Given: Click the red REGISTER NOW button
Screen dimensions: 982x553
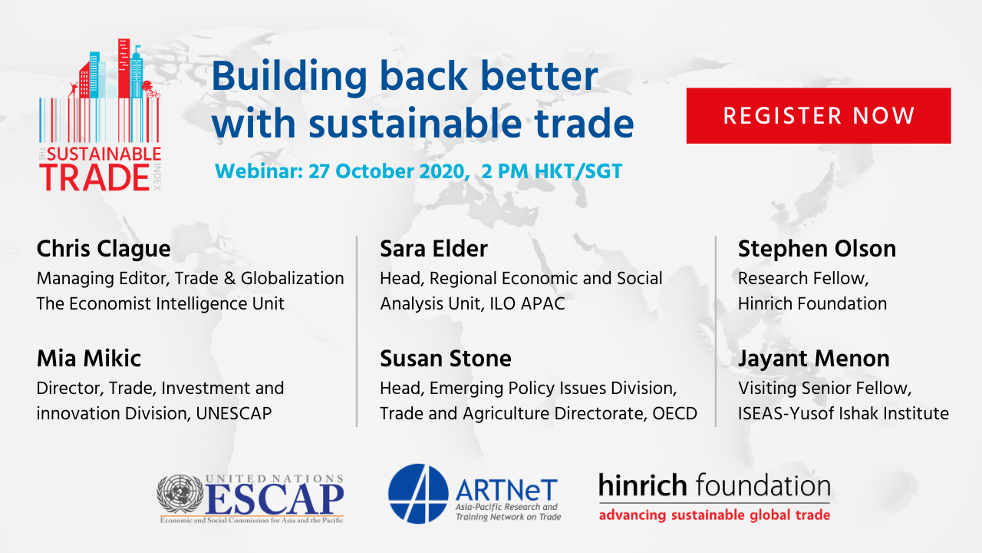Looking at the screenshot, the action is click(x=819, y=115).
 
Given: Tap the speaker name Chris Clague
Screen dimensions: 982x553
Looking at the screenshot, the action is click(x=104, y=250).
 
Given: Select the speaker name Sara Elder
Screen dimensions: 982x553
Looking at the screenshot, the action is click(x=433, y=249).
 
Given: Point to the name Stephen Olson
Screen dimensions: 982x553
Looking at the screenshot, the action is click(x=817, y=250).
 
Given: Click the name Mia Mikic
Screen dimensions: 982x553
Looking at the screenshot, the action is click(x=88, y=359).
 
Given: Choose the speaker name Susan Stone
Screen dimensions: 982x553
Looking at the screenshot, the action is click(x=446, y=359).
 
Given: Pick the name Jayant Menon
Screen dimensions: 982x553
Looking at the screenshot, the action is click(x=814, y=359).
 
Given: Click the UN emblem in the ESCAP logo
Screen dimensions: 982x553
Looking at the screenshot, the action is click(x=180, y=494).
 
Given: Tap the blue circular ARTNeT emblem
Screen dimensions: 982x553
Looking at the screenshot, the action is click(x=418, y=494).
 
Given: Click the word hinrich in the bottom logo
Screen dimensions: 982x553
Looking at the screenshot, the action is click(x=643, y=485).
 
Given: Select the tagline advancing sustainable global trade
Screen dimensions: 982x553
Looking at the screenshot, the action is click(x=714, y=515).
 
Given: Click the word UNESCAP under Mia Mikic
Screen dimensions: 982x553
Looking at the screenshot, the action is click(x=234, y=413).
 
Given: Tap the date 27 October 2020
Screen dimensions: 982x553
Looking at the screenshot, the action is click(x=386, y=171).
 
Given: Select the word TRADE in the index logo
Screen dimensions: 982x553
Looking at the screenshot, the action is click(x=94, y=177).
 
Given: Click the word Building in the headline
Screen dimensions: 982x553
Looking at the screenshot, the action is click(x=289, y=76).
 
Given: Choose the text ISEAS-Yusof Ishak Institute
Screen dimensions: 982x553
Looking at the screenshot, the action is click(x=843, y=413).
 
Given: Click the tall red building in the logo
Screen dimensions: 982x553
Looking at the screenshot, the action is click(x=124, y=68).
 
